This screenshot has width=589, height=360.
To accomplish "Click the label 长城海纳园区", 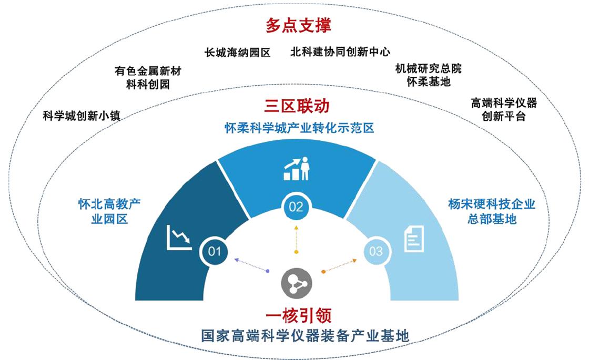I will click(x=237, y=52).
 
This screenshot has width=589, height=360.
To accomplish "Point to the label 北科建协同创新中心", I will click(x=340, y=52).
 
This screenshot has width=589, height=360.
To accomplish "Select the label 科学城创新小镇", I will click(x=82, y=116).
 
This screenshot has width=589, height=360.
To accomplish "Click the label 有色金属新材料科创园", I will click(x=148, y=77).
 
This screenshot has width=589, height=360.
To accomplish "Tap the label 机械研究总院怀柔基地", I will click(x=429, y=75).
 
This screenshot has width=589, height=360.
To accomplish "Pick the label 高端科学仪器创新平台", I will click(x=504, y=109).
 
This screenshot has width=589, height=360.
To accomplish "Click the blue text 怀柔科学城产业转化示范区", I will click(x=299, y=128).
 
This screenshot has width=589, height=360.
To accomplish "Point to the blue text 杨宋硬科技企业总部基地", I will click(x=492, y=211).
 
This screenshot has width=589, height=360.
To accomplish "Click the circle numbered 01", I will click(x=215, y=251).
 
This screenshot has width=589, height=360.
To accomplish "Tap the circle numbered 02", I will click(x=296, y=207).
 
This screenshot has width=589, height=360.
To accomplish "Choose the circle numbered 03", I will click(x=376, y=251).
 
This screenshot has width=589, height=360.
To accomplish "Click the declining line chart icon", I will click(x=179, y=238).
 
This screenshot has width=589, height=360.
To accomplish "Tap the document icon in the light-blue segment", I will click(x=414, y=238).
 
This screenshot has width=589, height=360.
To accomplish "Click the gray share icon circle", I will click(x=296, y=284).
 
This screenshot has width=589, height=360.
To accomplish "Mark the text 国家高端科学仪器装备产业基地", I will click(x=305, y=336).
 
